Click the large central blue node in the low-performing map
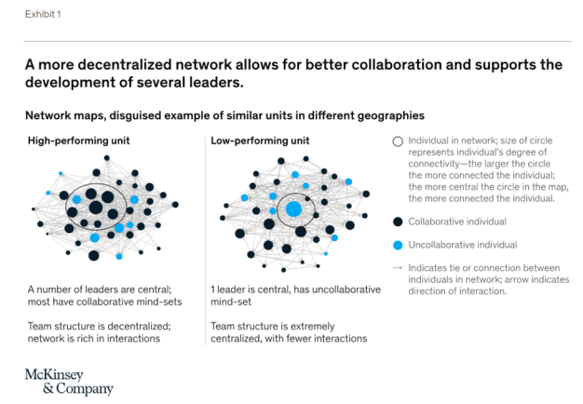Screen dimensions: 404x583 293,208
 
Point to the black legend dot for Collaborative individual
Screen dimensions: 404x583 398,222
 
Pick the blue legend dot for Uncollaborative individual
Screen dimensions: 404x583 398,244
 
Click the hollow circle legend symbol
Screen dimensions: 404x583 398,141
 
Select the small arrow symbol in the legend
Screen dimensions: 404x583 398,267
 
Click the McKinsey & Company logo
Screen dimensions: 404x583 69,381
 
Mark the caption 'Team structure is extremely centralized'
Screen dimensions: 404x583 291,332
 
